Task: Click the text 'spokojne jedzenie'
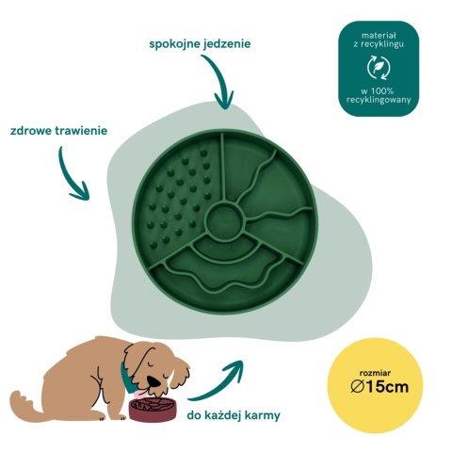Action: [x=200, y=43]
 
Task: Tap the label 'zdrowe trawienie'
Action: [x=58, y=130]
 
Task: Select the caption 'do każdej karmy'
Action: [x=234, y=415]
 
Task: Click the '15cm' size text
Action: [x=387, y=386]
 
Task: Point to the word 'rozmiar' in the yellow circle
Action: [x=375, y=373]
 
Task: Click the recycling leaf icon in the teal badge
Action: [x=379, y=68]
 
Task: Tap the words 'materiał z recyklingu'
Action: [x=379, y=40]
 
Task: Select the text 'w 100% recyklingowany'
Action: [x=379, y=96]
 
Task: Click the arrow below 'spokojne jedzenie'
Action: [x=219, y=78]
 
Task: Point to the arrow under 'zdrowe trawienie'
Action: [x=68, y=176]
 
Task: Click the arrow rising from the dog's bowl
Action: [x=219, y=384]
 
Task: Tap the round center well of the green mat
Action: [x=225, y=218]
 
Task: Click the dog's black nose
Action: [x=154, y=380]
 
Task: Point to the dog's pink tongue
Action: [x=138, y=393]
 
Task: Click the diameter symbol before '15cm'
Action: [x=358, y=386]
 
